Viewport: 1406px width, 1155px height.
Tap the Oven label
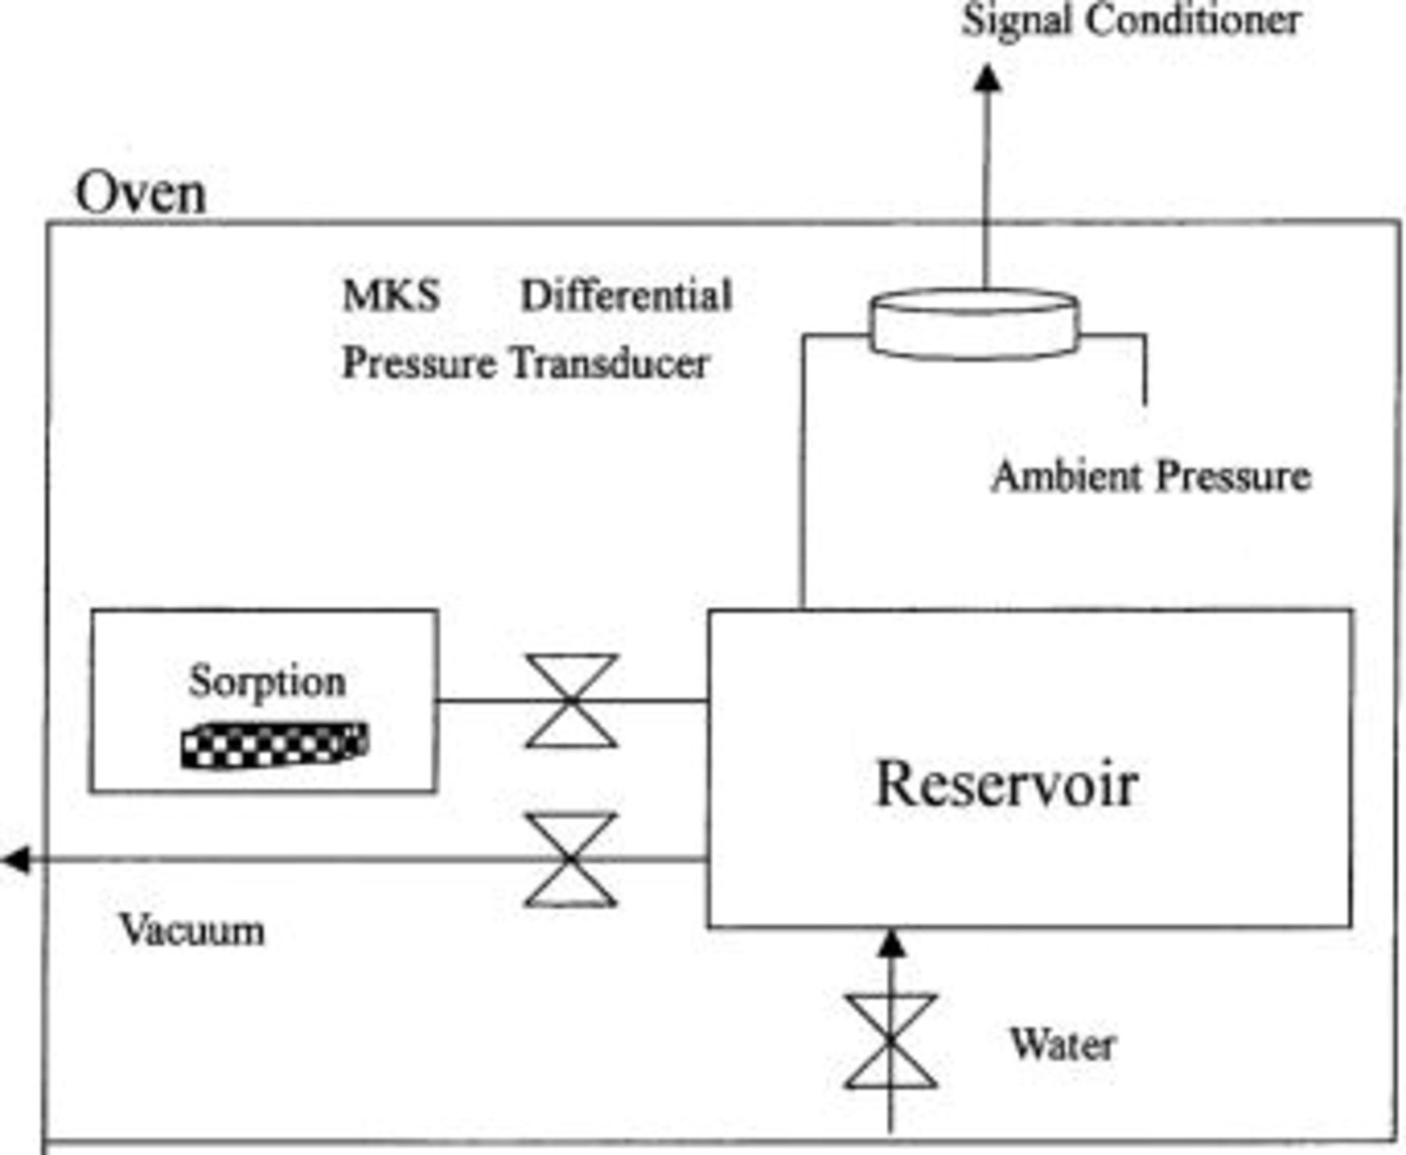[141, 193]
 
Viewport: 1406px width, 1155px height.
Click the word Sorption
[266, 681]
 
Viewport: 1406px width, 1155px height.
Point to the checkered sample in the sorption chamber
[274, 745]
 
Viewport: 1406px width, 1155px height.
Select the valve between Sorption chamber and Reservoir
[571, 701]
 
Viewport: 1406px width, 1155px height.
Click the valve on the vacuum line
[571, 860]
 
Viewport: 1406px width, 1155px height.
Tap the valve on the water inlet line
[890, 1041]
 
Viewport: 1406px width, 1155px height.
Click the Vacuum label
[192, 930]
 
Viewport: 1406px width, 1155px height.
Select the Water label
[1062, 1044]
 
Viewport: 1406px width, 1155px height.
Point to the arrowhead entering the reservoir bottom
[890, 944]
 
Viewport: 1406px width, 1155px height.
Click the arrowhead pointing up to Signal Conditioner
[987, 79]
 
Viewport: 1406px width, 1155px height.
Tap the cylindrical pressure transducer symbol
[974, 324]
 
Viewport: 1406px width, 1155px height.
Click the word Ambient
[1066, 476]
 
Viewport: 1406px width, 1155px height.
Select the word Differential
[626, 296]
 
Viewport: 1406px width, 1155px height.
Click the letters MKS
[391, 296]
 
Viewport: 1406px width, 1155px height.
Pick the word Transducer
[609, 364]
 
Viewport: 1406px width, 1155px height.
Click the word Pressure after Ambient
[1232, 476]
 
